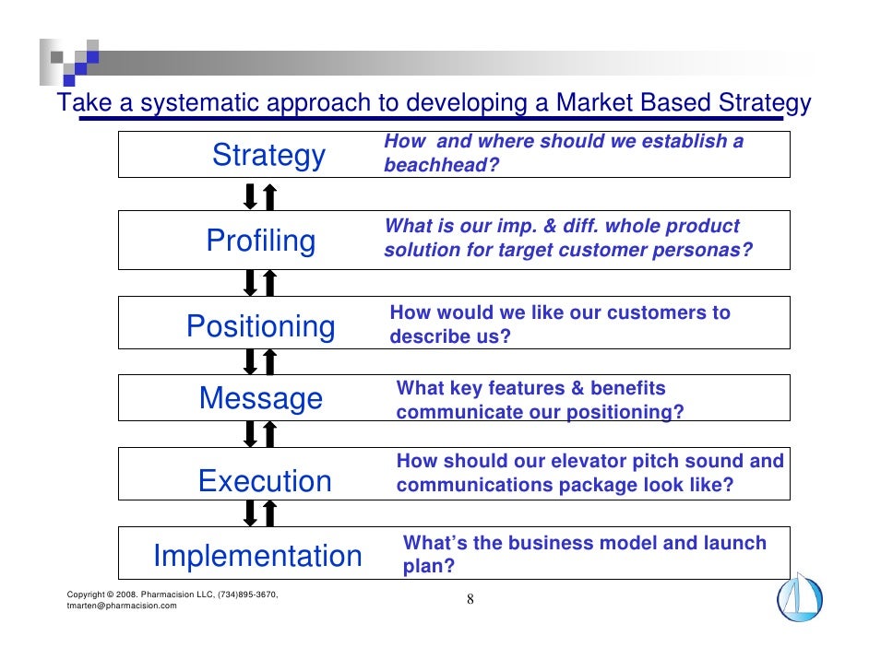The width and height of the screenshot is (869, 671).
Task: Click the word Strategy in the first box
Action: click(x=268, y=156)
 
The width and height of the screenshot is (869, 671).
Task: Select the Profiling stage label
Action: click(x=260, y=241)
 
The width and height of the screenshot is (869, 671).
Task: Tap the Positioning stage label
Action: click(x=260, y=326)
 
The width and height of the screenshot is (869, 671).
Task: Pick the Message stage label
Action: click(x=261, y=399)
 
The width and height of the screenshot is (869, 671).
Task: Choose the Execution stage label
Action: click(x=264, y=481)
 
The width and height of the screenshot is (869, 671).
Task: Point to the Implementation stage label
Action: click(x=257, y=557)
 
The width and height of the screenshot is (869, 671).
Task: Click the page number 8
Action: click(x=470, y=601)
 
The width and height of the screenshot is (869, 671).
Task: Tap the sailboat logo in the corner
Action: click(x=799, y=596)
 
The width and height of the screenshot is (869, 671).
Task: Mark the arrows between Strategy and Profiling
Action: click(x=259, y=196)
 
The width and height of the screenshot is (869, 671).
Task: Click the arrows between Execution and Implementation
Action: click(x=259, y=512)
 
